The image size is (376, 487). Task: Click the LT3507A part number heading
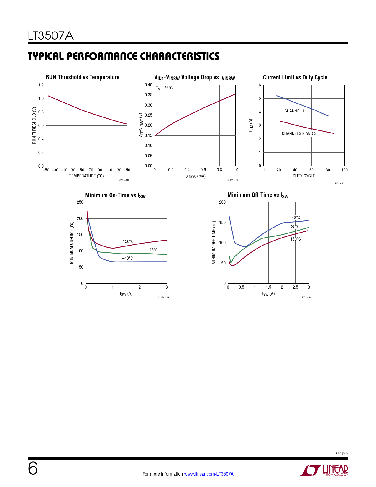point(50,36)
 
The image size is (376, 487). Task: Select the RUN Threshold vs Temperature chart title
point(82,77)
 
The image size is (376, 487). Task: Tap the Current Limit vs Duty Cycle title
point(295,77)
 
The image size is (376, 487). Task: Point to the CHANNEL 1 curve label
point(294,111)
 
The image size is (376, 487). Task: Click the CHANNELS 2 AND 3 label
point(299,133)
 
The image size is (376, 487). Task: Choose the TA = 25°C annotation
point(164,88)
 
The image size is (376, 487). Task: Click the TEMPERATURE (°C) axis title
point(86,176)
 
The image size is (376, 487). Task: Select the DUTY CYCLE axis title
point(304,176)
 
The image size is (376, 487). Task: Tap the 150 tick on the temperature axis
point(127,170)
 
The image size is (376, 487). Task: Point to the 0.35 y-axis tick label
point(148,95)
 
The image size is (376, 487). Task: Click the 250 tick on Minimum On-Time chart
point(80,202)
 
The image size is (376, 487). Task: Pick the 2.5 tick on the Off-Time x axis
point(295,287)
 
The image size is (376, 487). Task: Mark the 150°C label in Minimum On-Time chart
point(128,241)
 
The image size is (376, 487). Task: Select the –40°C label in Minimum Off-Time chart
point(295,218)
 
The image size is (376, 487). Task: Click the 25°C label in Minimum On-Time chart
point(153,250)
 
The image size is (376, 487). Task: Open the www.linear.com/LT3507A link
point(209,474)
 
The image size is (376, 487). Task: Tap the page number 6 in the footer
point(33,468)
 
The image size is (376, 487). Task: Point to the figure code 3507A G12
point(339,184)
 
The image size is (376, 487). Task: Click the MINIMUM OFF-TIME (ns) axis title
point(214,243)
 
